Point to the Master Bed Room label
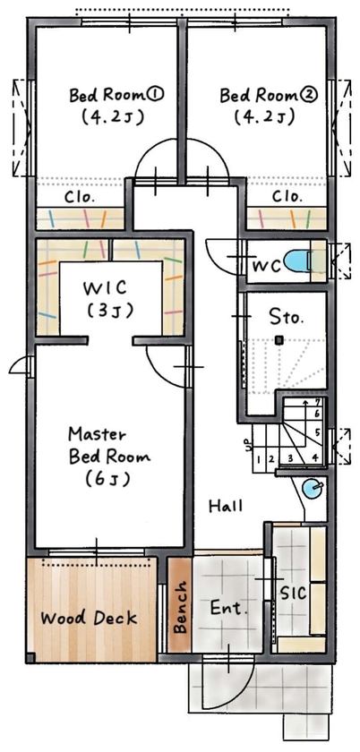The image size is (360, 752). [109, 456]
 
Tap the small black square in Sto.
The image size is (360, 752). [279, 340]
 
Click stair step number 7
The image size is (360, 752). [318, 403]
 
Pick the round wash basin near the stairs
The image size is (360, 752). [311, 489]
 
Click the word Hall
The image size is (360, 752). [226, 507]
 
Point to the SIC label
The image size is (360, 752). [294, 593]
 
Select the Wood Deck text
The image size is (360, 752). [89, 618]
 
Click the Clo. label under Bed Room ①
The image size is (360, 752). [81, 196]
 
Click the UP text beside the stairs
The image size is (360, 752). [247, 443]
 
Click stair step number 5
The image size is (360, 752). [317, 432]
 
